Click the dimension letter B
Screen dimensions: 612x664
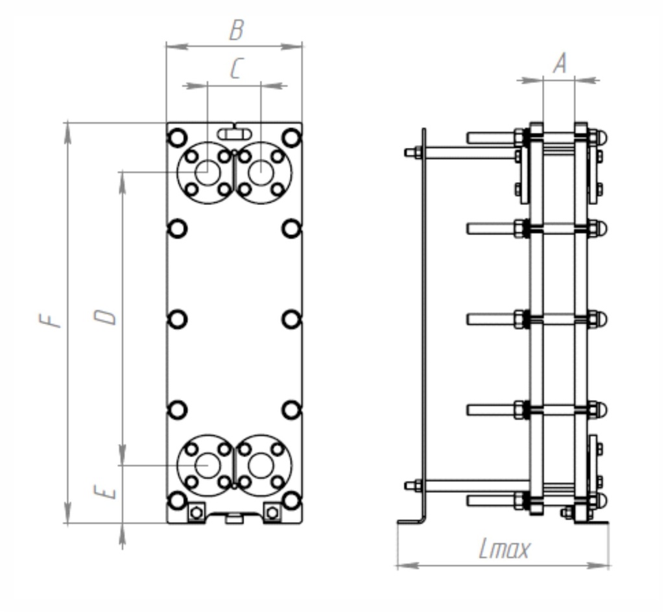click(x=237, y=30)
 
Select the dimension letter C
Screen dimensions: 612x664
click(x=235, y=69)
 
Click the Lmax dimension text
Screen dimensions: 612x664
click(x=504, y=550)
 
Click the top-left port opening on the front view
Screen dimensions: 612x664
click(x=207, y=173)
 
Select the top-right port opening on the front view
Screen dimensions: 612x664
click(x=261, y=173)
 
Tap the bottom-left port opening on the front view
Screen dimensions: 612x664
click(x=207, y=465)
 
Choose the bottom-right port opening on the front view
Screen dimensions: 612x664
click(x=261, y=465)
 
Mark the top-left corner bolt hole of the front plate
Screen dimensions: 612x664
click(x=177, y=137)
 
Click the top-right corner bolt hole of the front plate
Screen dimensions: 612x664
click(x=291, y=137)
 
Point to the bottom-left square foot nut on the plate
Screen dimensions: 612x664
click(x=196, y=512)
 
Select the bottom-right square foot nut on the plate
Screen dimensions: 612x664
click(x=272, y=512)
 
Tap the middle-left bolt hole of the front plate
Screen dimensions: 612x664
click(x=177, y=319)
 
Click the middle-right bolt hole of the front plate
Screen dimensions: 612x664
click(x=291, y=319)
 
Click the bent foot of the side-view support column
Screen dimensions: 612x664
click(x=411, y=520)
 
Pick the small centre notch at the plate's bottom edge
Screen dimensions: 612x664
click(x=233, y=517)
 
